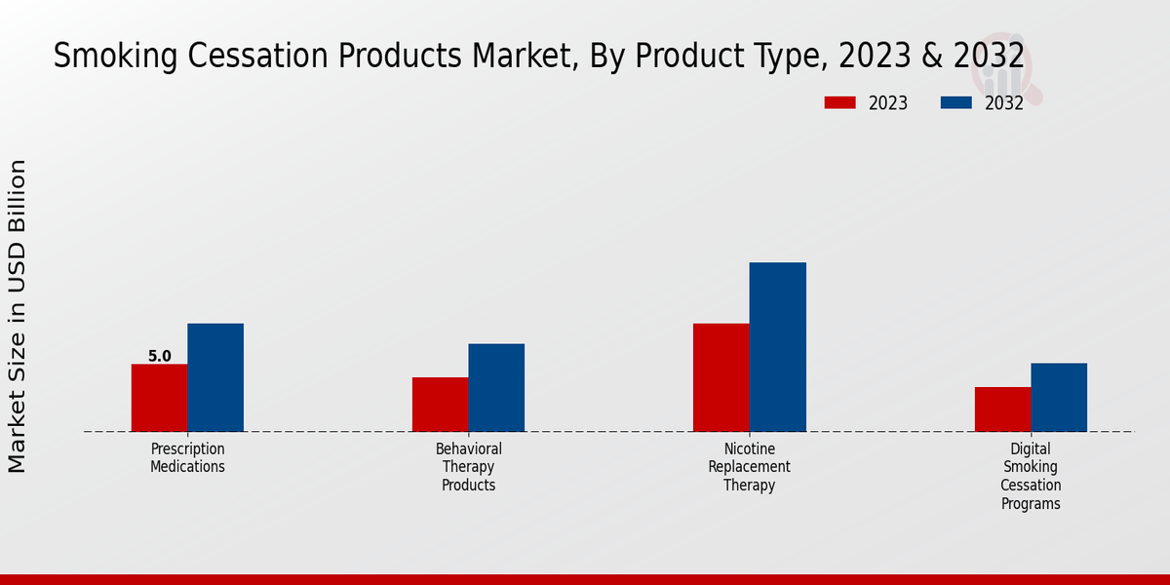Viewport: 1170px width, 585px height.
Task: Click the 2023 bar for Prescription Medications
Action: pos(159,398)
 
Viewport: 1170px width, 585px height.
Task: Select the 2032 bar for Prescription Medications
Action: pos(215,377)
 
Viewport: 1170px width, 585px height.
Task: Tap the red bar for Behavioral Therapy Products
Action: pos(440,405)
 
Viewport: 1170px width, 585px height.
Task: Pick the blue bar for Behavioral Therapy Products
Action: pos(496,387)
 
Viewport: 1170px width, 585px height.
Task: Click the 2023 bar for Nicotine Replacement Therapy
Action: pos(721,377)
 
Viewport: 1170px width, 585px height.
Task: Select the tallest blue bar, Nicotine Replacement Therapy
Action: pos(777,347)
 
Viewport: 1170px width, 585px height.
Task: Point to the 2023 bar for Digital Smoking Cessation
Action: pos(1002,409)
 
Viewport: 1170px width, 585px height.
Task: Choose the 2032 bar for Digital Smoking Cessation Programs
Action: pos(1059,398)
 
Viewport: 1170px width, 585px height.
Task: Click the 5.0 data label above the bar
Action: pos(160,357)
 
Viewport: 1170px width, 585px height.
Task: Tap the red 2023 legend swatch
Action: pos(839,102)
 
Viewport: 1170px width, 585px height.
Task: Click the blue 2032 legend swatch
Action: pos(955,102)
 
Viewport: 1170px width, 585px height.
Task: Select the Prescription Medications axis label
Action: pos(187,457)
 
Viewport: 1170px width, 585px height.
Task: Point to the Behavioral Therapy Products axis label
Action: pos(469,467)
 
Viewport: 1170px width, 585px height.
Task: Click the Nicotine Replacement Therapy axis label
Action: pos(749,467)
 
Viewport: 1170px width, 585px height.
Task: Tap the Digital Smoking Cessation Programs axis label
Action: pos(1031,476)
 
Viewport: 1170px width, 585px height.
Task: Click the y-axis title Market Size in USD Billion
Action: pos(18,317)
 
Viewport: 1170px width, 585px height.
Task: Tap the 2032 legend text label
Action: pos(1003,103)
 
